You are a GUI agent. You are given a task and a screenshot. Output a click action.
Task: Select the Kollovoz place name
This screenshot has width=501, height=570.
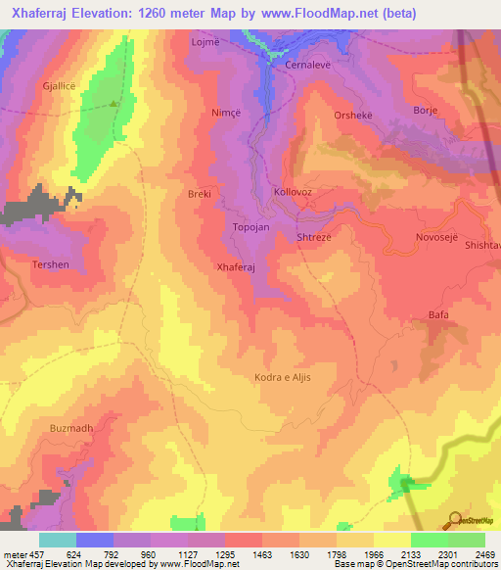point(293,192)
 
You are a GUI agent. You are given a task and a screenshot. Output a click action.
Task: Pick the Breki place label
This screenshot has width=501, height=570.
point(200,194)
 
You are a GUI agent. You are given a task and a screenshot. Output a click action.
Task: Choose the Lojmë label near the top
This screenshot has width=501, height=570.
point(205,44)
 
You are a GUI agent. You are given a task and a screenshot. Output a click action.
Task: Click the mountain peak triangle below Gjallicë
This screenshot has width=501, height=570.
point(114,102)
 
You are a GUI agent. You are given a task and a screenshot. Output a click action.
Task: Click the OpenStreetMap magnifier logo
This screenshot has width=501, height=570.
point(456,519)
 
